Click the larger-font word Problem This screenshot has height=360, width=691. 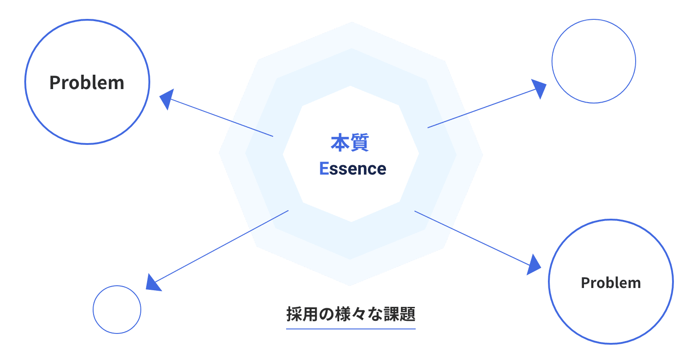[x=87, y=83]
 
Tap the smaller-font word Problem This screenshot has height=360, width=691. [x=610, y=283]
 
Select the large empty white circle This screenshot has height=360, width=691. [x=593, y=61]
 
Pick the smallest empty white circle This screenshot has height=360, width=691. [x=117, y=310]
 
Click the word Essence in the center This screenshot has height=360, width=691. [x=353, y=169]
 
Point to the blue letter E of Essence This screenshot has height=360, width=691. [x=324, y=169]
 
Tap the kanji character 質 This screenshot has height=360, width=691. [x=360, y=143]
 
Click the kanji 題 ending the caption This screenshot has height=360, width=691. [x=408, y=314]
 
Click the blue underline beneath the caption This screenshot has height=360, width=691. [x=350, y=329]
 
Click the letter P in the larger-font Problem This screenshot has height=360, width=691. [x=54, y=83]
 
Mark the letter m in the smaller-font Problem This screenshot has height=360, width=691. [x=635, y=283]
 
